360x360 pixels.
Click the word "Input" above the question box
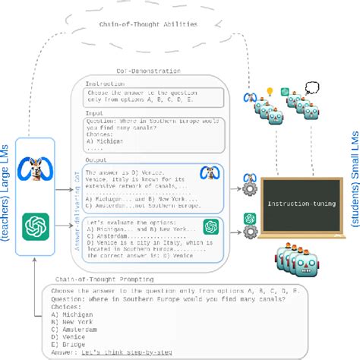pos(95,112)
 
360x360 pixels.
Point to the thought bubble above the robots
pos(311,88)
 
